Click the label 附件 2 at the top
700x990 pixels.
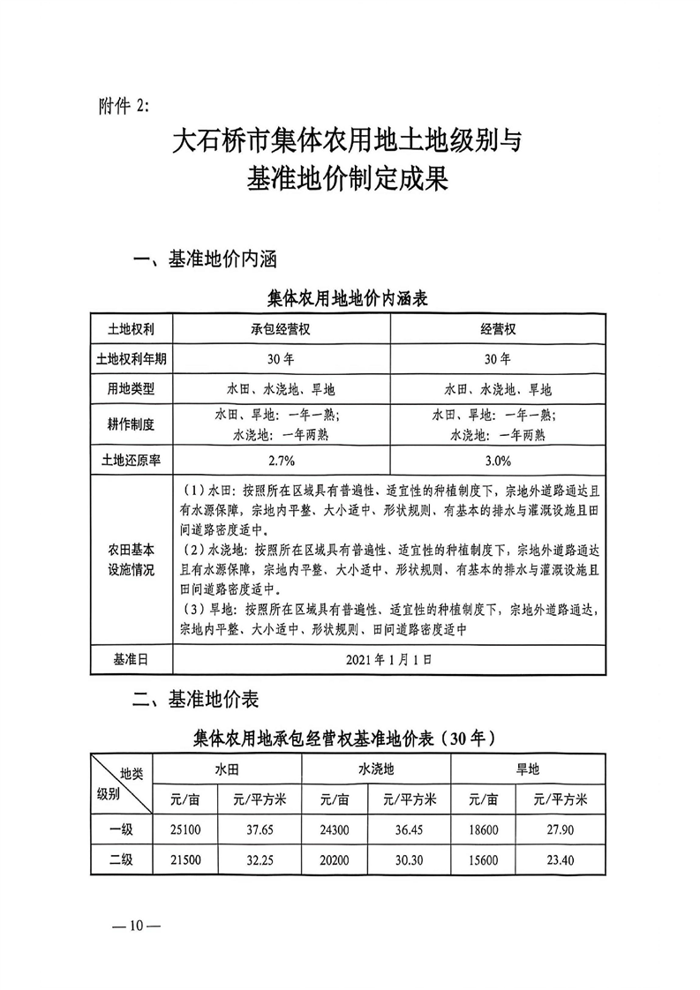pos(123,105)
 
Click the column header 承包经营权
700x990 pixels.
pos(282,328)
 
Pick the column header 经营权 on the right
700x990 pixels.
pos(498,328)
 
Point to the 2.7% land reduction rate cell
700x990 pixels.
pos(282,460)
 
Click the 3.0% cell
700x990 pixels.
pos(498,460)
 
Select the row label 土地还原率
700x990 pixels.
pos(131,460)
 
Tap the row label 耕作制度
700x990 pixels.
pos(131,424)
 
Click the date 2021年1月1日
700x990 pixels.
pos(389,659)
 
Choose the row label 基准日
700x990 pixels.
pos(131,659)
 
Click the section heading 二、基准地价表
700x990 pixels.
pos(195,700)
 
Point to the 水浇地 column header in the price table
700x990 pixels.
pos(376,769)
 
